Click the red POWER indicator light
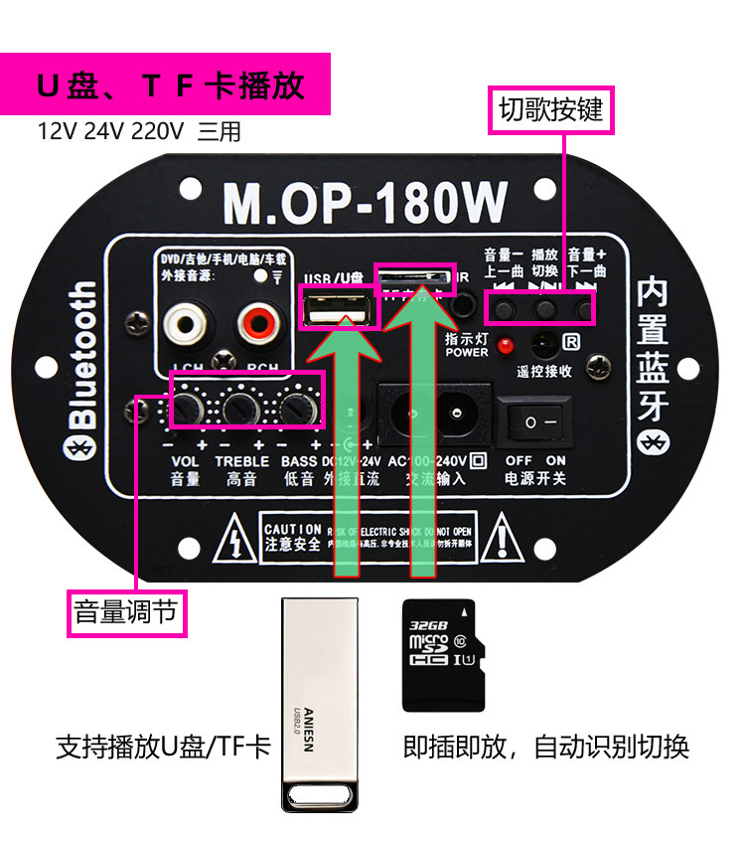506,347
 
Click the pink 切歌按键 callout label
551,109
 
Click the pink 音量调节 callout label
126,611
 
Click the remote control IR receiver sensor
542,345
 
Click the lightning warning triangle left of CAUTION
233,537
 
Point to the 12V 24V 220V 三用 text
139,131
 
